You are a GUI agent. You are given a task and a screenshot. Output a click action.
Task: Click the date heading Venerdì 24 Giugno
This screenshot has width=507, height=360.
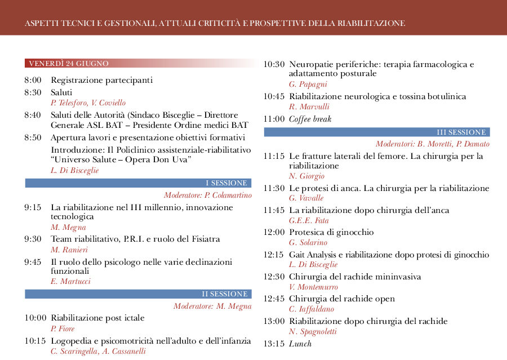(x=69, y=63)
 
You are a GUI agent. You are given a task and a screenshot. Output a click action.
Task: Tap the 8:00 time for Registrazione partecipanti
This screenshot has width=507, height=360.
(x=33, y=81)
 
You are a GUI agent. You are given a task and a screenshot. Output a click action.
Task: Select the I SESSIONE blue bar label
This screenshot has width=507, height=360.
(x=226, y=183)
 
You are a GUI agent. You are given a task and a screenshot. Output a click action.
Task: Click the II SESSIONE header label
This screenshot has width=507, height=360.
(x=225, y=294)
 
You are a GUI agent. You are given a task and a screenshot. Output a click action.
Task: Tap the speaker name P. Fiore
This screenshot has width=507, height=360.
(x=63, y=329)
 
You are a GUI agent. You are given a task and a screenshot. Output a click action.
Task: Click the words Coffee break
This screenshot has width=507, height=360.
(x=310, y=119)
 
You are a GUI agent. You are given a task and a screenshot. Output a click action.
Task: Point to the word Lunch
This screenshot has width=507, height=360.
(x=300, y=344)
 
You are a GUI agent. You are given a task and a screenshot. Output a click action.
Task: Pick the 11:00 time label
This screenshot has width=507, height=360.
(x=274, y=119)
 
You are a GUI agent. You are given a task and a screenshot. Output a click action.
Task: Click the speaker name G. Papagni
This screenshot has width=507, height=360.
(x=308, y=85)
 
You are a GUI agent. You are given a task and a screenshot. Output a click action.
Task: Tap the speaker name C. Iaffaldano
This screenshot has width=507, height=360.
(x=311, y=309)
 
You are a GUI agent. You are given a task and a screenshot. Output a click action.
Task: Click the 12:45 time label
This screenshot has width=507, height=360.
(x=274, y=299)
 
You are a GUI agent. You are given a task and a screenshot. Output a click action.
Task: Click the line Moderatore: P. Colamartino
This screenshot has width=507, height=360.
(x=207, y=195)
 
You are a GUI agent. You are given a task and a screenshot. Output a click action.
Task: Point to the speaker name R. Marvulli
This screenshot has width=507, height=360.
(x=309, y=107)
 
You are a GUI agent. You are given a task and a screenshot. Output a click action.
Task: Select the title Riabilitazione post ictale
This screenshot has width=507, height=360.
(x=97, y=318)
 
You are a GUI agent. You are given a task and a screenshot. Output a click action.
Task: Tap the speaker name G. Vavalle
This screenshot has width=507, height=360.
(x=306, y=198)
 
